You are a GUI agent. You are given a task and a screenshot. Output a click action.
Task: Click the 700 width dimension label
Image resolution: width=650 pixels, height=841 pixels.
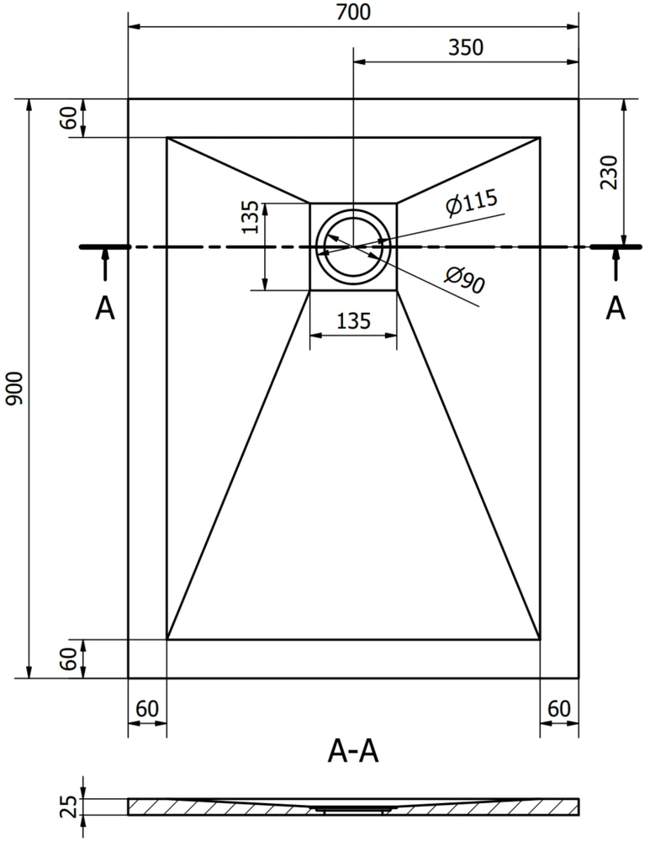(353, 12)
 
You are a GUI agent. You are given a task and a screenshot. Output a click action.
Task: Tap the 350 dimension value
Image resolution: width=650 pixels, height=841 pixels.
(466, 48)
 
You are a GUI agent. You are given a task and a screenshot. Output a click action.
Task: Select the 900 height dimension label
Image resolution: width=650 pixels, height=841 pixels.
(14, 389)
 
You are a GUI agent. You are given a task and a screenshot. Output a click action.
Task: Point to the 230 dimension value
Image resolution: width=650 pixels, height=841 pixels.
(610, 172)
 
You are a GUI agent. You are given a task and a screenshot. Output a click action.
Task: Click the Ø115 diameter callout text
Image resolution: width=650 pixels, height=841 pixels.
(472, 202)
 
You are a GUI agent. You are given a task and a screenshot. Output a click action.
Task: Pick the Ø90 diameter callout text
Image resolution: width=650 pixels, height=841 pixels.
(464, 280)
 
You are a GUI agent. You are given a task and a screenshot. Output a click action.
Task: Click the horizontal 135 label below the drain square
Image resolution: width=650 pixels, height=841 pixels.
(353, 321)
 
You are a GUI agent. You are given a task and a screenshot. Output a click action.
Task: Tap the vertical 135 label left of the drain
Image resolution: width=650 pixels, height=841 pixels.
(250, 217)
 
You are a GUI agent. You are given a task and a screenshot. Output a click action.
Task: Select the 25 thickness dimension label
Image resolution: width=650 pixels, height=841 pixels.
(69, 807)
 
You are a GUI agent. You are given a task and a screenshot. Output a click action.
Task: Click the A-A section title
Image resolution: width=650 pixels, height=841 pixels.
(353, 751)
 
